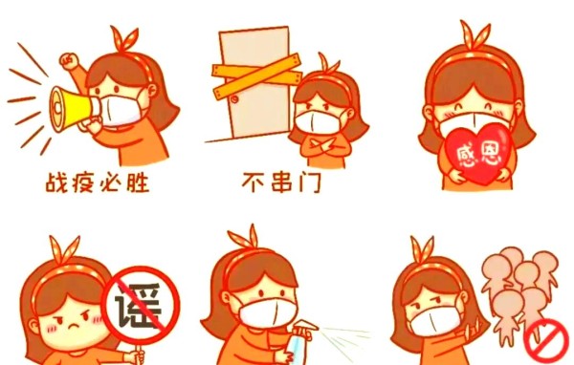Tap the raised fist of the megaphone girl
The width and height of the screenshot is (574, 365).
pyautogui.click(x=70, y=60)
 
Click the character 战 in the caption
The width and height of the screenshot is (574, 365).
pyautogui.click(x=56, y=182)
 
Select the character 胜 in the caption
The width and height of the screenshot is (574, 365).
pyautogui.click(x=138, y=182)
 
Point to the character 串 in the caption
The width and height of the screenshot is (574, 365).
pyautogui.click(x=281, y=182)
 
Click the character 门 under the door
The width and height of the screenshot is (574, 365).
pyautogui.click(x=310, y=182)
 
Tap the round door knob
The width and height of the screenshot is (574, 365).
pyautogui.click(x=234, y=99)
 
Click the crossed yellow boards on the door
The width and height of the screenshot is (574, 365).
pyautogui.click(x=256, y=76)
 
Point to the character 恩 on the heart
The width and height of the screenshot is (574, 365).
pyautogui.click(x=492, y=154)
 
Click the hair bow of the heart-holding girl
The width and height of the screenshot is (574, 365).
pyautogui.click(x=475, y=35)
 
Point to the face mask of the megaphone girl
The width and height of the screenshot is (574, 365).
pyautogui.click(x=118, y=111)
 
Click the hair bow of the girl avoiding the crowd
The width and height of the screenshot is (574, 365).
pyautogui.click(x=423, y=250)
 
